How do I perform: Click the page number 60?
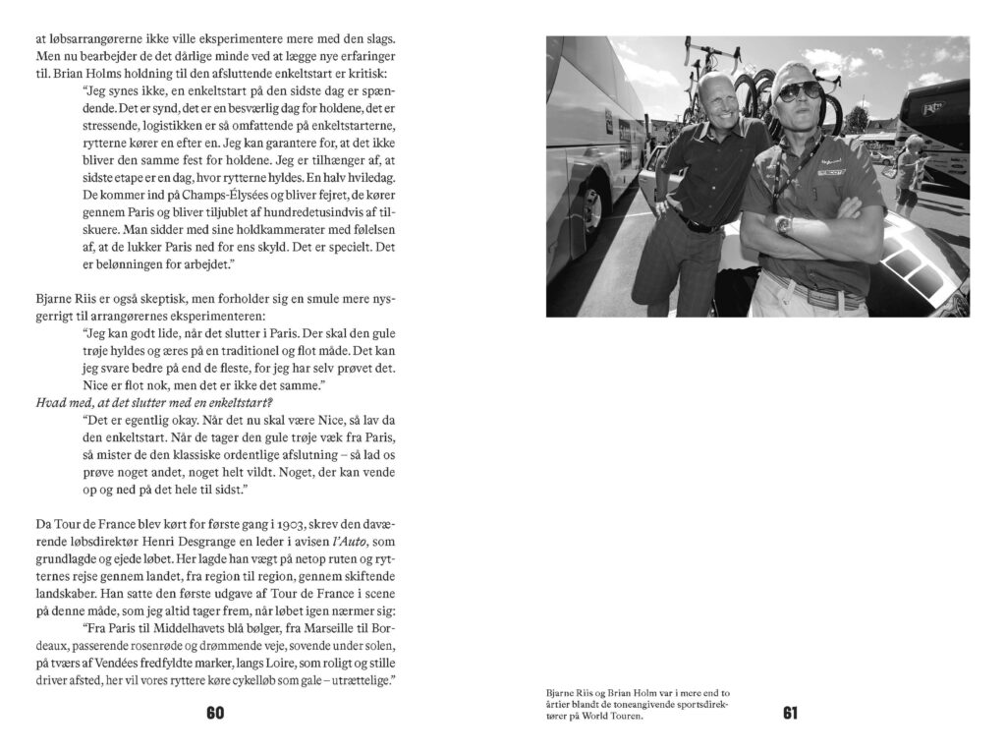(x=215, y=714)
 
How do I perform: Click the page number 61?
(x=790, y=714)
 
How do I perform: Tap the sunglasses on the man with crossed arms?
(x=800, y=91)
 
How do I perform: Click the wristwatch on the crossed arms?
(x=782, y=224)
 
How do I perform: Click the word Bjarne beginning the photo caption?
(x=560, y=693)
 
